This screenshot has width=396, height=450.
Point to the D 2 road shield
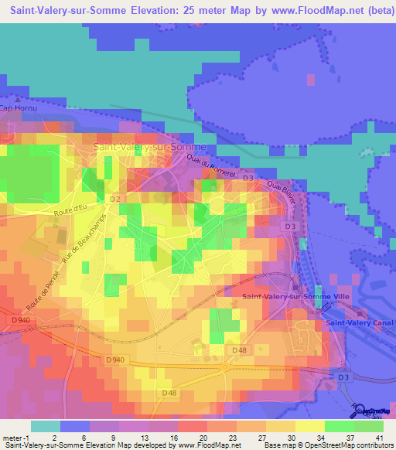[115, 200]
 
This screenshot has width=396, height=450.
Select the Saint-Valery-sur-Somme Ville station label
[296, 296]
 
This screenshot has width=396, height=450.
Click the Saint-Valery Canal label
[360, 322]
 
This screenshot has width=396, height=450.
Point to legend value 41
[378, 437]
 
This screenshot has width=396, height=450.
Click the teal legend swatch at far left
[45, 426]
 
